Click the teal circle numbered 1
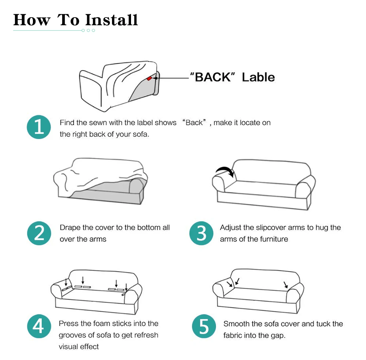[38, 127]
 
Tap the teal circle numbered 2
[38, 233]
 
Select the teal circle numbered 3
[201, 233]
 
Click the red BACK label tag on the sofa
[149, 78]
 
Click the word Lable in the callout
[258, 77]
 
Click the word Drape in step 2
[70, 228]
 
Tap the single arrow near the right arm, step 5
[285, 285]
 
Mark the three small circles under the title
[88, 30]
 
